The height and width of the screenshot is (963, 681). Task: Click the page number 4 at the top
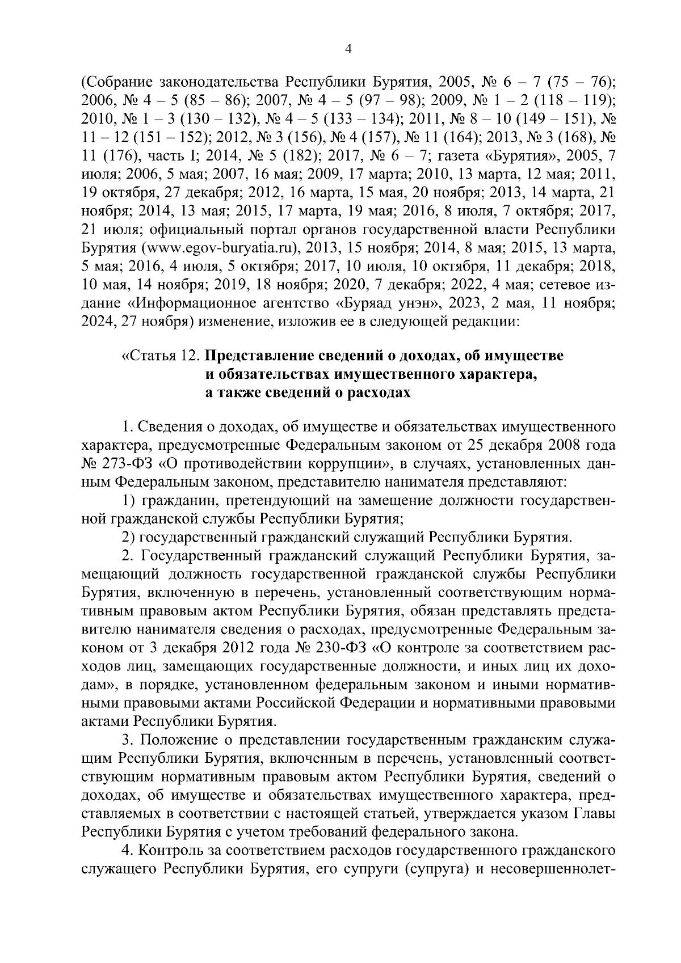coord(348,50)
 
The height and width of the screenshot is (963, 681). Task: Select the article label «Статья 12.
coord(161,356)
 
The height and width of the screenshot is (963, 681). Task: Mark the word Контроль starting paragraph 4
coord(173,851)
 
